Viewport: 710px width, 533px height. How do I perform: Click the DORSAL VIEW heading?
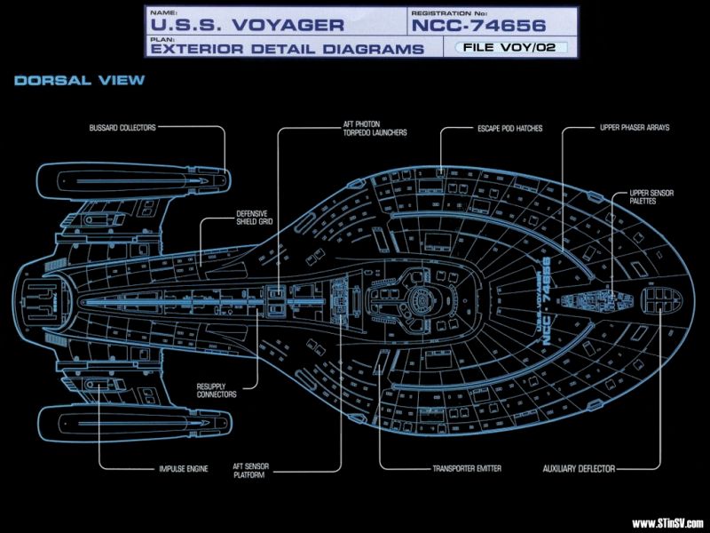click(79, 81)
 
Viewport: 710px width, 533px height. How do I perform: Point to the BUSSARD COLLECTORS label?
click(122, 128)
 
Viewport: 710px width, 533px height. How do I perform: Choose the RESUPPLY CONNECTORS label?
click(217, 390)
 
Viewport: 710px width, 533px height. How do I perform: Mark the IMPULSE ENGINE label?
click(185, 468)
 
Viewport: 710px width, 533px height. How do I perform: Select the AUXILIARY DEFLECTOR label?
click(579, 468)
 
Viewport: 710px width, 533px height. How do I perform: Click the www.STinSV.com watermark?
click(667, 522)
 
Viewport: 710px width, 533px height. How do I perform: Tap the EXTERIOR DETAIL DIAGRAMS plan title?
click(286, 49)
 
